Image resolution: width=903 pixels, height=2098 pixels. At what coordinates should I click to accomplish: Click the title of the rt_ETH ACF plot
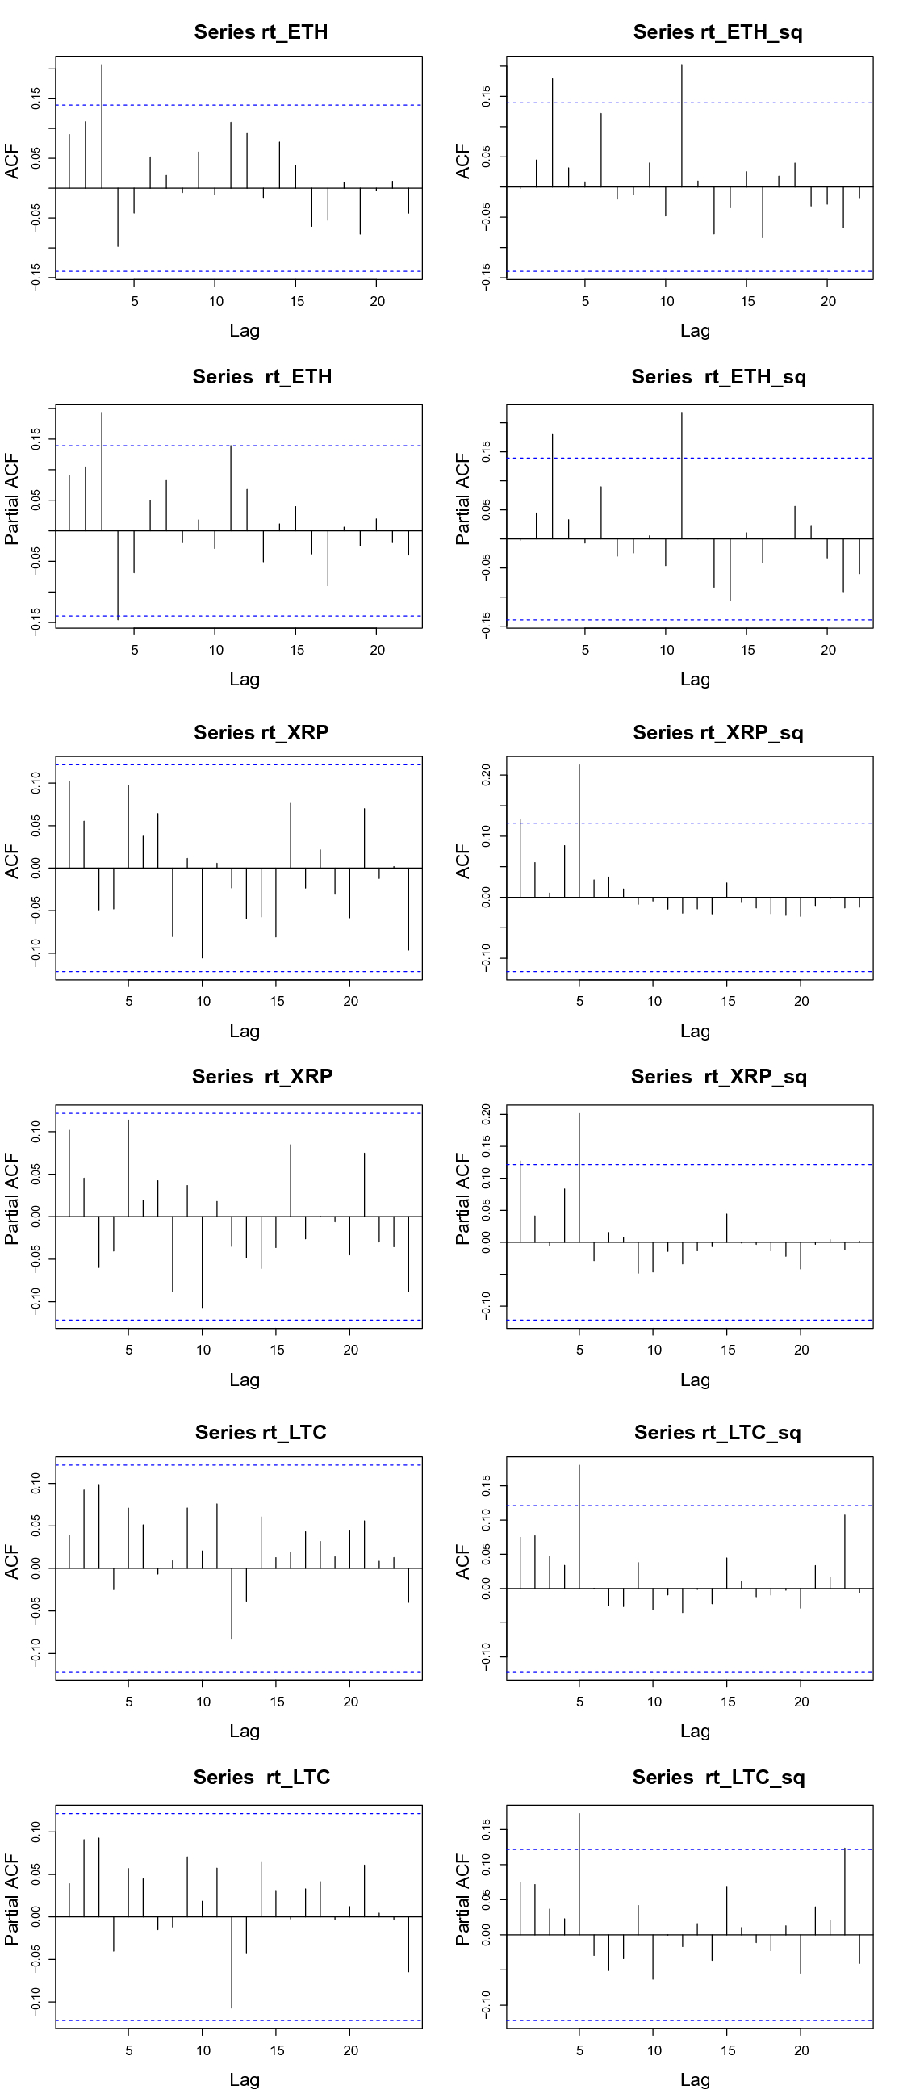coord(261,31)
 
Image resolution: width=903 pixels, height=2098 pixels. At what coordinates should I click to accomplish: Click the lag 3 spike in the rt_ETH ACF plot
coord(102,122)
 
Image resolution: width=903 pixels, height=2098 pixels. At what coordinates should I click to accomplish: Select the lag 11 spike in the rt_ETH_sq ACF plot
coord(682,122)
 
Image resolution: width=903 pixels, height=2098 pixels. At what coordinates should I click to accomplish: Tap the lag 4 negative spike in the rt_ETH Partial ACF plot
coord(118,575)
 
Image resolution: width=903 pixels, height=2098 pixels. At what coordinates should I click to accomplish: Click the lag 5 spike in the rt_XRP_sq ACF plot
coord(579,831)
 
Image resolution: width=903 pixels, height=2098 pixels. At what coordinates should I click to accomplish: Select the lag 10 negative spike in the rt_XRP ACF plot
coord(202,912)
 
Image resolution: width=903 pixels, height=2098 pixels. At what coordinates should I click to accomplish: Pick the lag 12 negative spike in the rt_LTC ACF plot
coord(232,1603)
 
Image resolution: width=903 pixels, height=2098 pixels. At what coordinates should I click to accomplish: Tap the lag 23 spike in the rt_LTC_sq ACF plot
coord(844,1552)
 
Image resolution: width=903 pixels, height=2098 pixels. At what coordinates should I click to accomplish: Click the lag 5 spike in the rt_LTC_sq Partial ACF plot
coord(579,1874)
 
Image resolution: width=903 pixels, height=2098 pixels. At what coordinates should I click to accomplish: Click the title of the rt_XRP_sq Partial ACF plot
coord(718,1076)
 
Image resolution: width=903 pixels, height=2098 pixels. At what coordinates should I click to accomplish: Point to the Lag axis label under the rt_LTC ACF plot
coord(245,1731)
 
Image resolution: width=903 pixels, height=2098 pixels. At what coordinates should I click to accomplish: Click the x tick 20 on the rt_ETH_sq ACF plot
coord(828,301)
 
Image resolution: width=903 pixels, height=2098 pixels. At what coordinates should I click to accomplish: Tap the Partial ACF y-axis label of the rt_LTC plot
coord(11,1899)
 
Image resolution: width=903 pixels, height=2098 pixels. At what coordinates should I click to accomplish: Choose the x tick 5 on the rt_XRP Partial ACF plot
coord(128,1350)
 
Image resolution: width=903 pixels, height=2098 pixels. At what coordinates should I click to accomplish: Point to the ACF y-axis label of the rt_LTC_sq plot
coord(462,1561)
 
